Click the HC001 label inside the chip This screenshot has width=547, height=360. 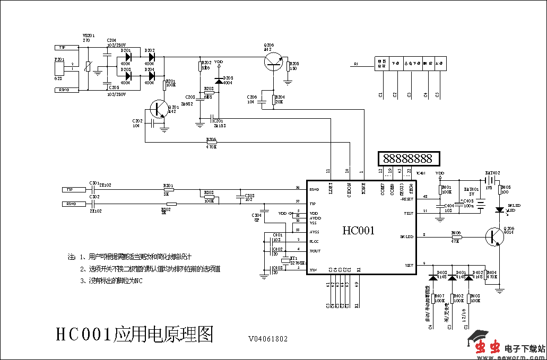coord(358,231)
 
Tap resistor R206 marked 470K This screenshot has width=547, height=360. coord(211,142)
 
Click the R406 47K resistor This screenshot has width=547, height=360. coord(456,237)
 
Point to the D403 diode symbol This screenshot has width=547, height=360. coord(435,277)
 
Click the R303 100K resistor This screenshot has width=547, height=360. coord(209,197)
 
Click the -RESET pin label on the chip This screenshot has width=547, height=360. coord(407,199)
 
